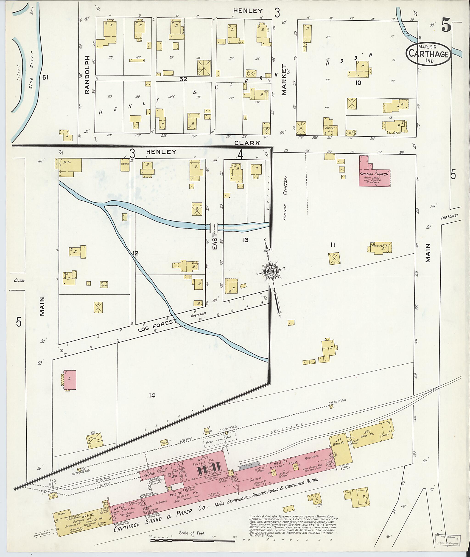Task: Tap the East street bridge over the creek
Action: pyautogui.click(x=214, y=227)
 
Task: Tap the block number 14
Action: pyautogui.click(x=152, y=396)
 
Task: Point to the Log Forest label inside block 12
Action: pyautogui.click(x=157, y=326)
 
